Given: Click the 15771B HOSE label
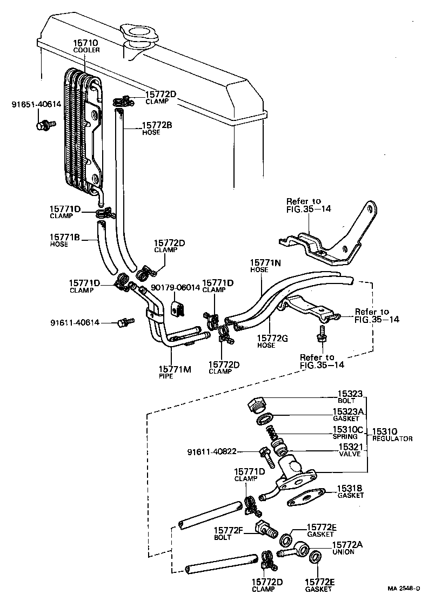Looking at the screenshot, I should [x=65, y=240].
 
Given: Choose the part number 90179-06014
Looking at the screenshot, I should [x=175, y=288].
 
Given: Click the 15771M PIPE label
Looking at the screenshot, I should [x=172, y=371].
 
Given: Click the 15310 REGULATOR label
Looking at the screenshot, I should [x=391, y=435].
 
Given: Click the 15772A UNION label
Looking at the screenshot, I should [x=346, y=548].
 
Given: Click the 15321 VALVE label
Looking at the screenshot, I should [x=350, y=451].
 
